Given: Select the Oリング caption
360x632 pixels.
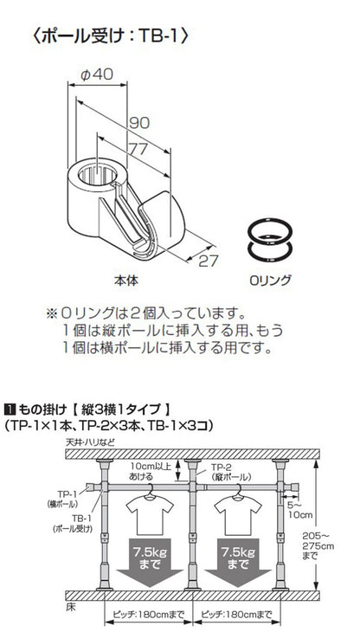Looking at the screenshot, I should [x=270, y=281].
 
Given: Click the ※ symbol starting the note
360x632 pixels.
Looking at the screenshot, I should [x=51, y=311].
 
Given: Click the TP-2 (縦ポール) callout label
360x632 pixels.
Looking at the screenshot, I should [x=228, y=470].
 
